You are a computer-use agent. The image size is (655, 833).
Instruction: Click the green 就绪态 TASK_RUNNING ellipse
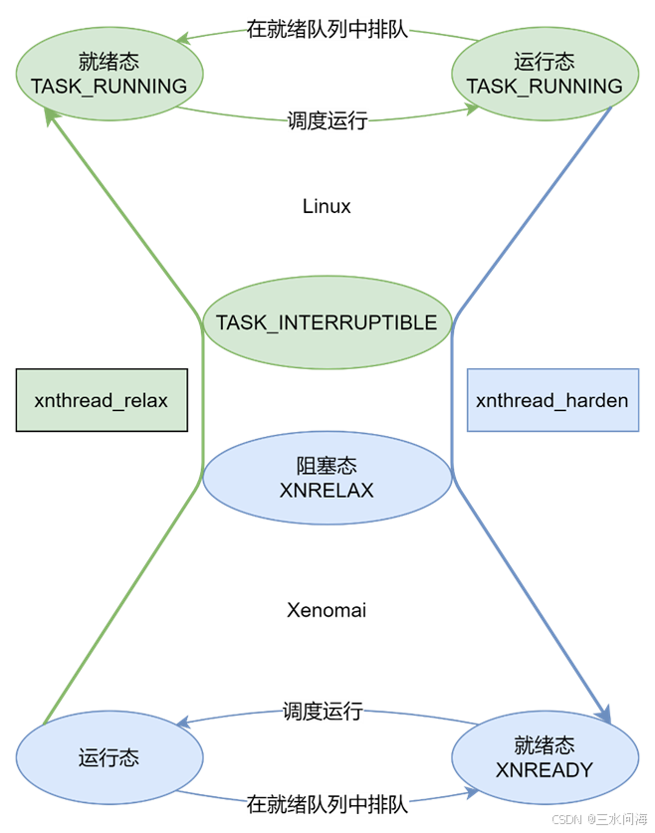[x=109, y=75]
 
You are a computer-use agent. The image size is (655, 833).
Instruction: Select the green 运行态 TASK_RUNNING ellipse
[x=545, y=75]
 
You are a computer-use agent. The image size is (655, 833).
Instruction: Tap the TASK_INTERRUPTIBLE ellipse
[x=327, y=322]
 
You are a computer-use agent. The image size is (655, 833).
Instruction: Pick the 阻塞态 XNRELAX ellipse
[x=327, y=478]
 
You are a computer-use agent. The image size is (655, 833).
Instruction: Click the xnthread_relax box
[x=102, y=401]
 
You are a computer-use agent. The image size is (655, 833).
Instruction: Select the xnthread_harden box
[x=552, y=401]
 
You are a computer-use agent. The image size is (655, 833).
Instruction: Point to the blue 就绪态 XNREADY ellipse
[x=544, y=758]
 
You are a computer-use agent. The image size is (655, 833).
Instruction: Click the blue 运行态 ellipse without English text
[x=109, y=758]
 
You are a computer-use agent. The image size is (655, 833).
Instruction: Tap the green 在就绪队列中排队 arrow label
[x=327, y=30]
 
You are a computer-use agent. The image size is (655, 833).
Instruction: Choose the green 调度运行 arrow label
[x=327, y=120]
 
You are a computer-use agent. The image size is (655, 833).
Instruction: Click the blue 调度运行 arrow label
[x=323, y=711]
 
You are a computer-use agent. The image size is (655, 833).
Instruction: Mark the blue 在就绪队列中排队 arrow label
[x=327, y=803]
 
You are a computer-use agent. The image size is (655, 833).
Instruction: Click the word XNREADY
[x=544, y=769]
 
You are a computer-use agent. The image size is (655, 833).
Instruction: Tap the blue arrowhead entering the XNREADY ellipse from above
[x=604, y=714]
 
